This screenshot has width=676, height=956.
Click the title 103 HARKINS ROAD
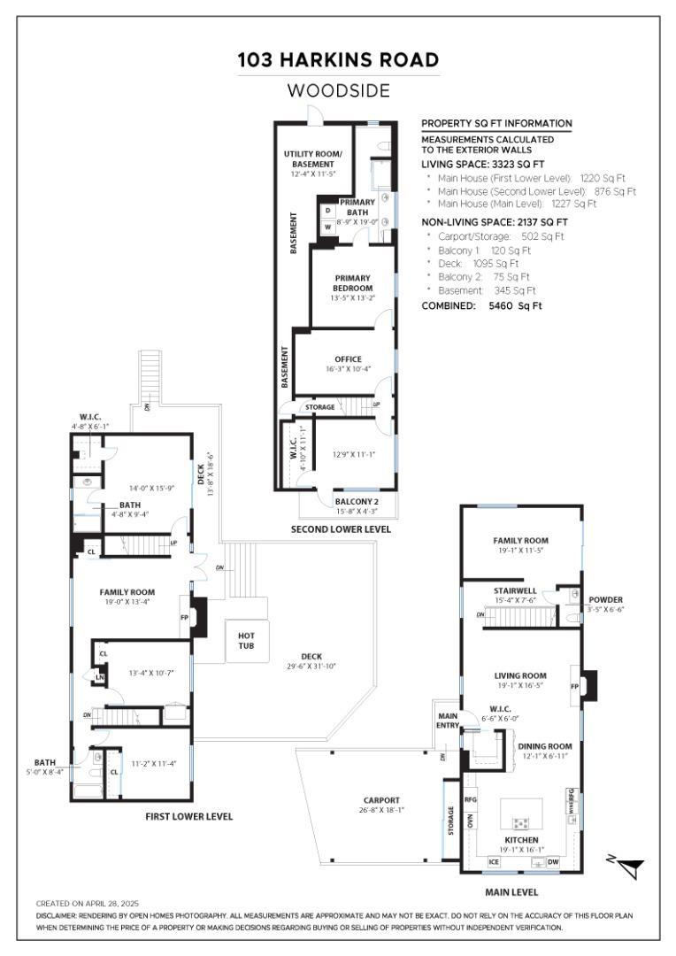[338, 60]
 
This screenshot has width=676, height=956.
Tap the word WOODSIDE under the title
[338, 90]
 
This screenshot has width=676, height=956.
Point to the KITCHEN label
[520, 839]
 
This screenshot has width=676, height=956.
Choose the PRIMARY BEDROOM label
[352, 283]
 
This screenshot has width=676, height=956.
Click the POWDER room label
[604, 599]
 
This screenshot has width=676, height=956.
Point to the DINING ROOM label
[545, 746]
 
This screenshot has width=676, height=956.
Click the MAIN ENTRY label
[446, 721]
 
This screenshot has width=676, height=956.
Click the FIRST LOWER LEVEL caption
[188, 816]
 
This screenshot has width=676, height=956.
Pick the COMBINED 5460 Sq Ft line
[481, 305]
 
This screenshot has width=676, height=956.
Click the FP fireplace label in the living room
[574, 686]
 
